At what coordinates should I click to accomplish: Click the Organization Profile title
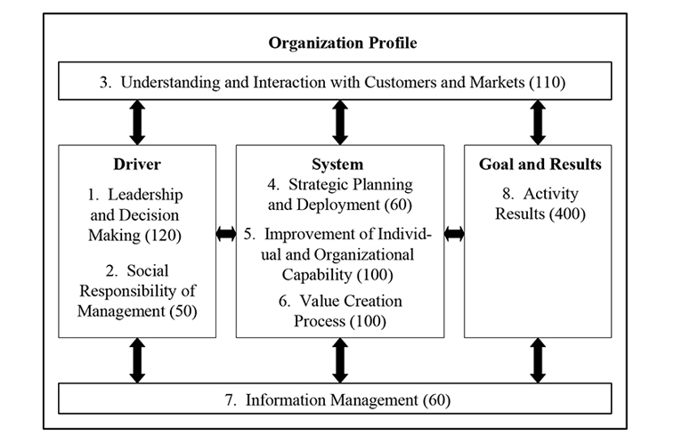tap(343, 43)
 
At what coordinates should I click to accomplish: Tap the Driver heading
tap(137, 164)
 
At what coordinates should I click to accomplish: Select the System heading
tap(337, 164)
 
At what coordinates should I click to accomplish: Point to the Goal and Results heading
tap(540, 164)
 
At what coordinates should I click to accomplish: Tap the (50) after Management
tap(183, 310)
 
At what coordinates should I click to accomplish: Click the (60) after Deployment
tap(399, 205)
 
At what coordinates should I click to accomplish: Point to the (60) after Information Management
tap(437, 400)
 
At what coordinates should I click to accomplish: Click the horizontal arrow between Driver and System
tap(226, 234)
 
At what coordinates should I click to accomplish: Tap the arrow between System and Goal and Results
tap(454, 234)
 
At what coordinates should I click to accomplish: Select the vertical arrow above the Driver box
tap(137, 123)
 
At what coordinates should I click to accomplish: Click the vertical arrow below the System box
tap(340, 360)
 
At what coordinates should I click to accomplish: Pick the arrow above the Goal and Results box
tap(538, 123)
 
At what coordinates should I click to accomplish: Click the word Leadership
tap(145, 195)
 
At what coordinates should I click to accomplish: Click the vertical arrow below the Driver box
tap(137, 360)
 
